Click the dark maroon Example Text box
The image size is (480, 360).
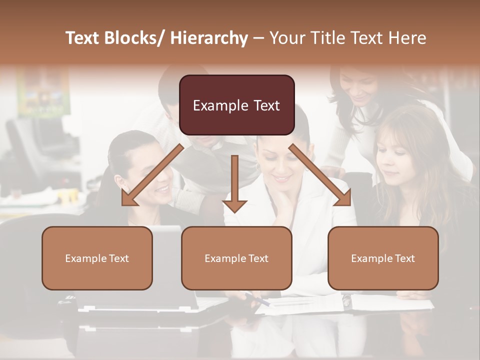click(x=236, y=105)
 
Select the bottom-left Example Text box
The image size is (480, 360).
click(x=97, y=258)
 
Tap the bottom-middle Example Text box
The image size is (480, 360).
click(x=236, y=258)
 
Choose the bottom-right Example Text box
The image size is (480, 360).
click(x=383, y=258)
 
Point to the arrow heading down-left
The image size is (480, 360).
click(x=152, y=175)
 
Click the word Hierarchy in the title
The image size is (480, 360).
click(x=209, y=38)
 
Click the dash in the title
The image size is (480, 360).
click(x=258, y=38)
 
